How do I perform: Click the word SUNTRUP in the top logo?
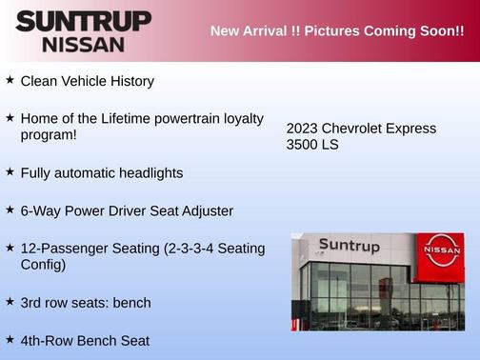point(83,21)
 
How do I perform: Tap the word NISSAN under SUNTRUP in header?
point(83,44)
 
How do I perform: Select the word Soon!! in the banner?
point(437,30)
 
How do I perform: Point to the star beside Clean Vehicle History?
point(10,81)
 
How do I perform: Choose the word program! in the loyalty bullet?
point(49,135)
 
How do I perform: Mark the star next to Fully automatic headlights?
point(10,172)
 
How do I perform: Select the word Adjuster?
point(202,210)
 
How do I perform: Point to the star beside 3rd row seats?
point(10,302)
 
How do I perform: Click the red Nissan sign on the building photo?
point(440,255)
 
